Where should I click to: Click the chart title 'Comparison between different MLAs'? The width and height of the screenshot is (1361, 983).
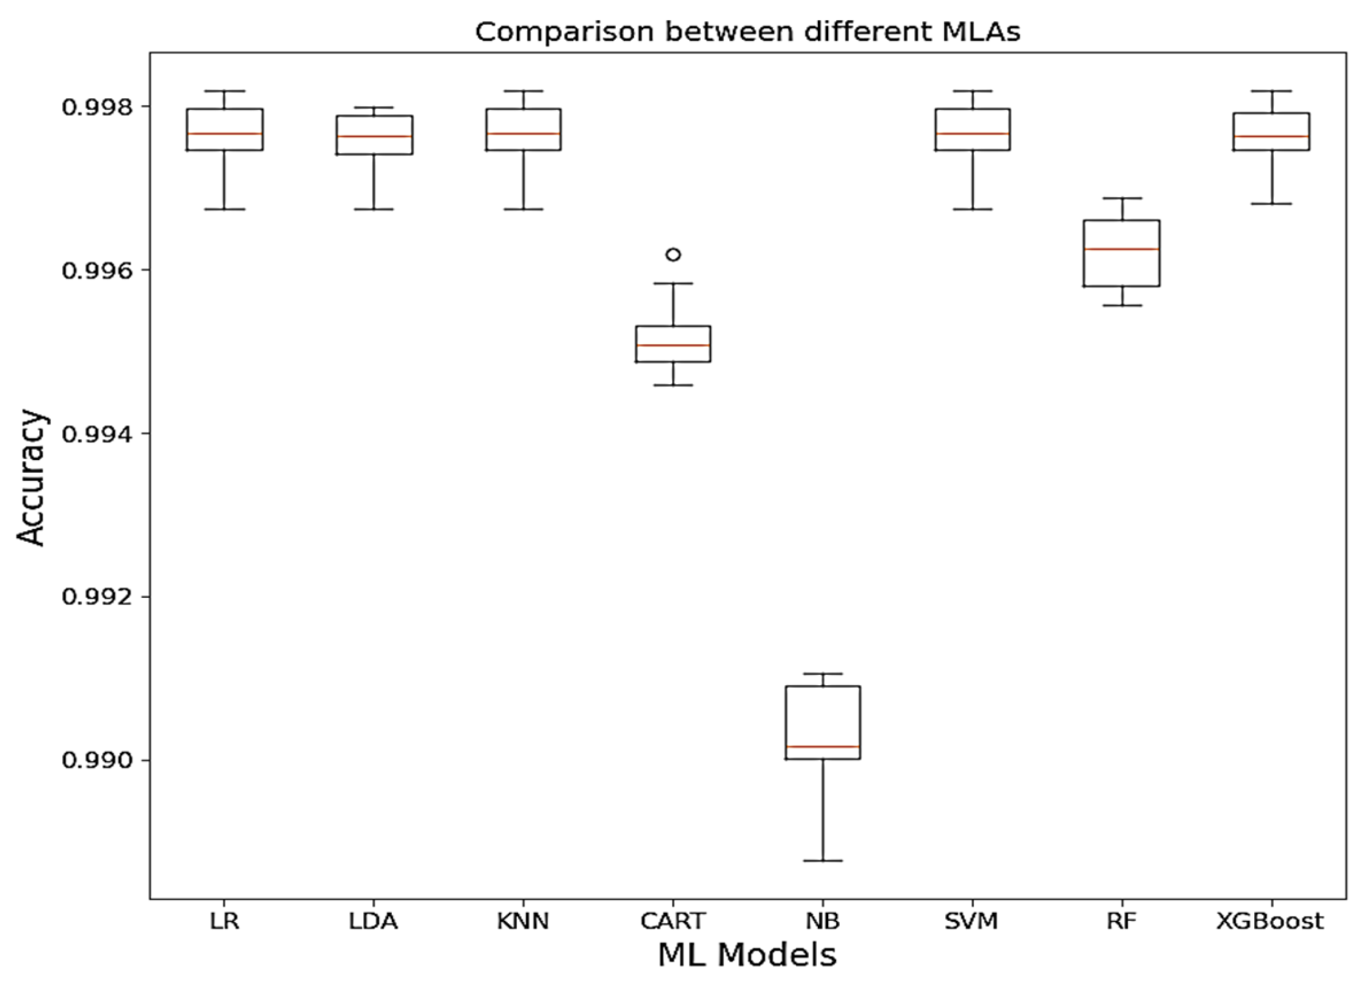747,32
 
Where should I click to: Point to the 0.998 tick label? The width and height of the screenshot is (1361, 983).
97,107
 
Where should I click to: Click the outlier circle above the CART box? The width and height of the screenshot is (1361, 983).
673,254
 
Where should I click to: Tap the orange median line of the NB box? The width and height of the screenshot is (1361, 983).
823,746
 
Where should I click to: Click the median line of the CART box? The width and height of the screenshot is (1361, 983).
673,345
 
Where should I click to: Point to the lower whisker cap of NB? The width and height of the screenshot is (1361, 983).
823,860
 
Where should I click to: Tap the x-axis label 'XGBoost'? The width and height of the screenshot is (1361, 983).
1271,921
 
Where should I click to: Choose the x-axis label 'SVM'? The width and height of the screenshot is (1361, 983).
972,921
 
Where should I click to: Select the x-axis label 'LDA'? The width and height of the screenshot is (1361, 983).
374,921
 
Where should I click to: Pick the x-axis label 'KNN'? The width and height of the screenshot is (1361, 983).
523,921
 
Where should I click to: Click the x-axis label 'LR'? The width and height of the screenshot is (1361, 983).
224,921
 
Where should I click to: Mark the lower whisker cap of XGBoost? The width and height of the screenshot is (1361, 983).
1272,203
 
